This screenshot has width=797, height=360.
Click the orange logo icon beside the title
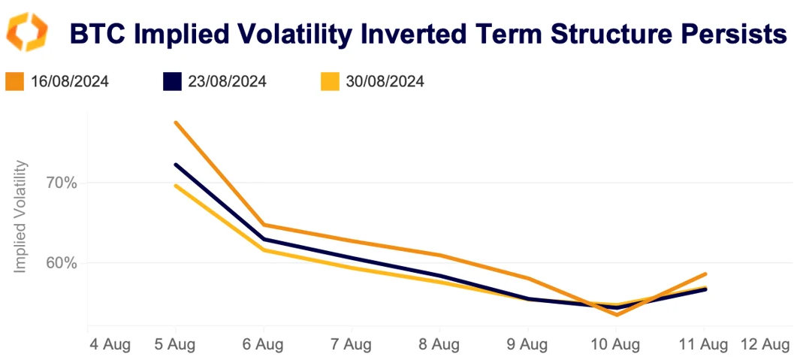coord(26,32)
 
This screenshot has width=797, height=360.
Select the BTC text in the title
coord(96,34)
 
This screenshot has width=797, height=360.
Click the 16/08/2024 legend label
coord(70,81)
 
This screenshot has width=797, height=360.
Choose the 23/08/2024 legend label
coord(228,81)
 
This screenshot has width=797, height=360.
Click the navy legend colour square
coord(173,81)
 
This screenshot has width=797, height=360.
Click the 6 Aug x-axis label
coord(263,345)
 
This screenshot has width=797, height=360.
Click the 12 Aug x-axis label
coord(765,345)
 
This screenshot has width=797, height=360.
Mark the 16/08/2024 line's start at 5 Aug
coord(175,123)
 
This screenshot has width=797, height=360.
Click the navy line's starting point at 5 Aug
coord(175,165)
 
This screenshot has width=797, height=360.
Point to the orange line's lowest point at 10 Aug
coord(616,314)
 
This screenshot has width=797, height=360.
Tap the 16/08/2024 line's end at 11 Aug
coord(705,274)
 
